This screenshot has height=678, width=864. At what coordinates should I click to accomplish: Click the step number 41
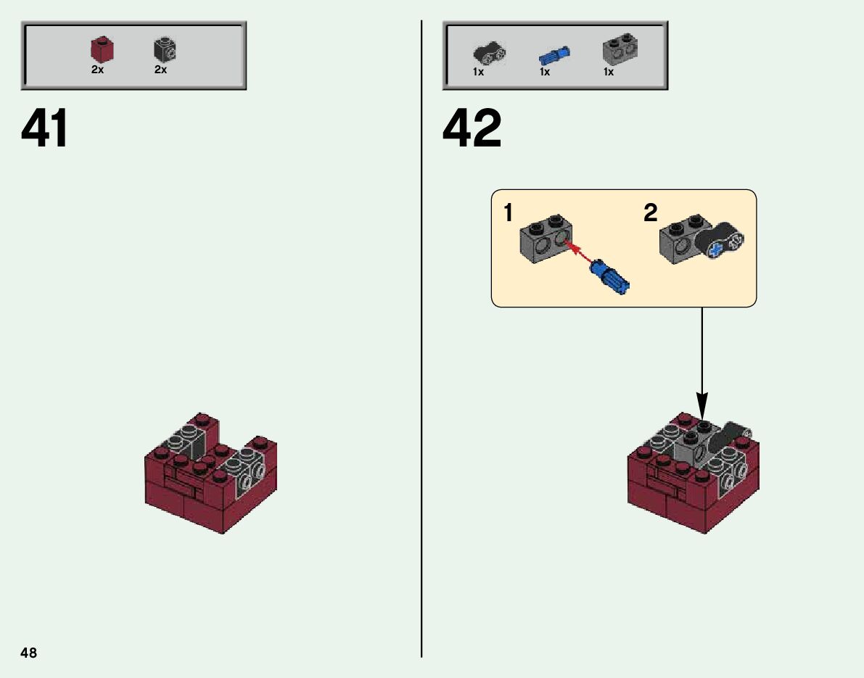click(x=45, y=128)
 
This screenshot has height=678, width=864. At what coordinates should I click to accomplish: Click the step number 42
click(x=472, y=128)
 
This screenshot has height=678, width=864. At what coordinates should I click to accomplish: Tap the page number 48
click(x=28, y=653)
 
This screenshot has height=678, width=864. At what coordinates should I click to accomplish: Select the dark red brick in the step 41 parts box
click(x=102, y=49)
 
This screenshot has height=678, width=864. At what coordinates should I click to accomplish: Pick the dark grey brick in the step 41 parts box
click(x=165, y=49)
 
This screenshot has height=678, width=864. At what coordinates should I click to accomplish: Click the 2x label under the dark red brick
click(x=97, y=70)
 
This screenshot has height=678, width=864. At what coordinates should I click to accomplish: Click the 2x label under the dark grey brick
click(x=160, y=70)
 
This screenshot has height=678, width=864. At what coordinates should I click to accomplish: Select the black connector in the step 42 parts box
click(x=489, y=54)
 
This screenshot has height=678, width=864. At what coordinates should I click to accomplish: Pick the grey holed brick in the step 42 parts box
click(x=620, y=49)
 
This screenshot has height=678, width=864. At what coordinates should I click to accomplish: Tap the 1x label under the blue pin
click(x=544, y=72)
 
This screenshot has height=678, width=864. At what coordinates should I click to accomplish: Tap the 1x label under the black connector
click(x=478, y=72)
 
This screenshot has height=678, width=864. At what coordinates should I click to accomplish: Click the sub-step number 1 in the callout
click(x=508, y=212)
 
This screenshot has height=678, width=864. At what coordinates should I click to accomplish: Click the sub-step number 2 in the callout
click(x=651, y=212)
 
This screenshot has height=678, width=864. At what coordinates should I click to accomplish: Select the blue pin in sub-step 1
click(x=610, y=278)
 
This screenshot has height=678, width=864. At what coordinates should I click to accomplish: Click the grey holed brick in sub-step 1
click(x=546, y=239)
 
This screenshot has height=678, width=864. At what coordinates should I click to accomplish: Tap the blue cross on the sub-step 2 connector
click(x=715, y=250)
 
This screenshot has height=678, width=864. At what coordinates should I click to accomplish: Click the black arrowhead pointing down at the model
click(x=702, y=407)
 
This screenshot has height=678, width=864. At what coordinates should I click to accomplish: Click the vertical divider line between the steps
click(x=421, y=339)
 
